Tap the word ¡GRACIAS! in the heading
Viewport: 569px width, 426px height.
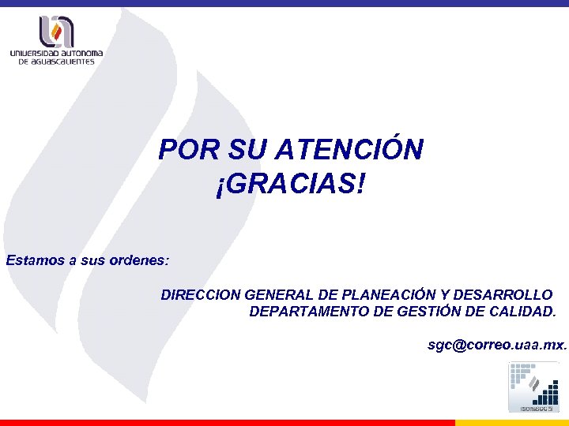[290, 186]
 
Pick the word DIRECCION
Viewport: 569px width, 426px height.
[201, 295]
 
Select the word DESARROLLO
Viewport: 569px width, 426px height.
[503, 295]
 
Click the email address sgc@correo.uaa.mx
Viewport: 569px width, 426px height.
[496, 345]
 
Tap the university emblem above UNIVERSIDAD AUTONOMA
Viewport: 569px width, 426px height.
[57, 32]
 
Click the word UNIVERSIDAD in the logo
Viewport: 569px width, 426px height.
[36, 54]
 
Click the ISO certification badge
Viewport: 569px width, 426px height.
[533, 387]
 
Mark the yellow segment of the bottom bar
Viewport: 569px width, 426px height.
[512, 422]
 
